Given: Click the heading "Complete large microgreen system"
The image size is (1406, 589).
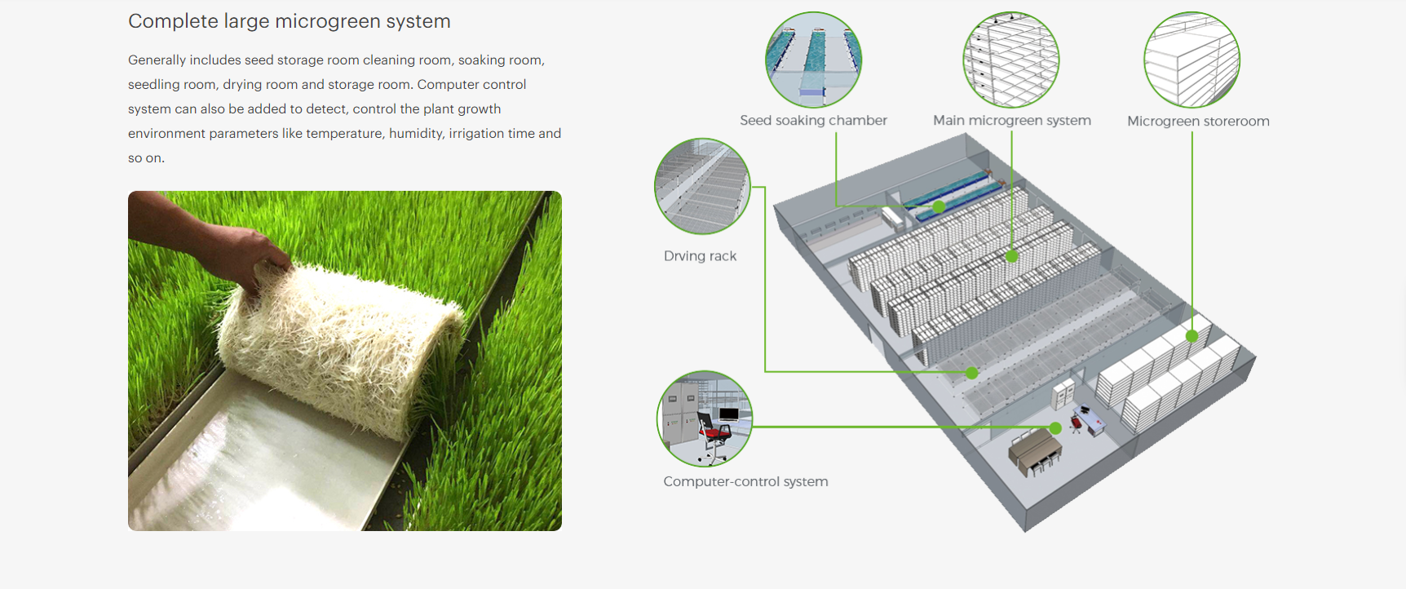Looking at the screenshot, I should click(289, 21).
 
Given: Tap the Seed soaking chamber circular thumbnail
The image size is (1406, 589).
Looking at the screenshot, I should click(813, 60).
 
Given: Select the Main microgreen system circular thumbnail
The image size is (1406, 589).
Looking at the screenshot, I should click(1011, 60).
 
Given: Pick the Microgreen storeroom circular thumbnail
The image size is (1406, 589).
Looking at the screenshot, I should click(1192, 60).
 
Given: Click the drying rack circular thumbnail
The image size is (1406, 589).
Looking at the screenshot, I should click(702, 186).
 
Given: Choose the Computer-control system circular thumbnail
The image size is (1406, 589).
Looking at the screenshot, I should click(705, 418).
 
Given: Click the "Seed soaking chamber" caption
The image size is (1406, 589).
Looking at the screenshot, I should click(813, 121).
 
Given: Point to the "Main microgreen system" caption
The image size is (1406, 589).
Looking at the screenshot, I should click(1011, 121).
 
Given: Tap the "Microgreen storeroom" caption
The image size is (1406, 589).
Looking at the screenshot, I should click(1198, 122).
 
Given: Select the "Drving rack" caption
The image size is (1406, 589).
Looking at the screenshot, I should click(700, 256).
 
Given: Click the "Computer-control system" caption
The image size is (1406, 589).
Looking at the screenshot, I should click(745, 481).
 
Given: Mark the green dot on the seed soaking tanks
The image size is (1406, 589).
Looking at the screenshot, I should click(939, 207).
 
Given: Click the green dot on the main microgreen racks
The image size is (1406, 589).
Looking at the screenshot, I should click(1012, 256).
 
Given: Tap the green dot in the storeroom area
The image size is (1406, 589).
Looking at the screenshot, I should click(1192, 336).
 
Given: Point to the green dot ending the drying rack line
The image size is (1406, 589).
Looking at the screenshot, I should click(971, 373).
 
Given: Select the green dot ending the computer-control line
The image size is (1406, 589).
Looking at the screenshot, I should click(1055, 428).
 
